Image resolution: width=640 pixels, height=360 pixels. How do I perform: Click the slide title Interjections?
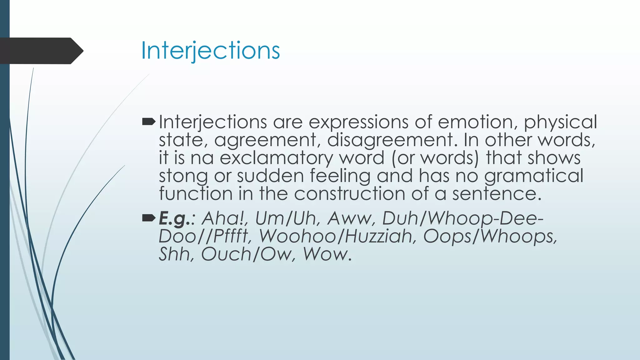[x=210, y=50]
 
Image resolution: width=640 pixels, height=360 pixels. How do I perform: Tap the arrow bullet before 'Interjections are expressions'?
[x=148, y=122]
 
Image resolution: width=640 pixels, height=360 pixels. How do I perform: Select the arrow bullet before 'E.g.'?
[x=148, y=218]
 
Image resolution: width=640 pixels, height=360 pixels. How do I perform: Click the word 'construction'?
[x=349, y=194]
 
